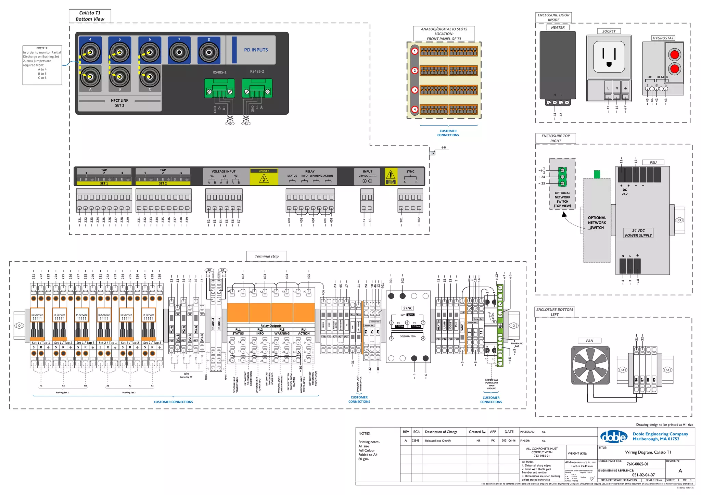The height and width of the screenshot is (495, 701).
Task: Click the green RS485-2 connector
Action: pyautogui.click(x=257, y=88)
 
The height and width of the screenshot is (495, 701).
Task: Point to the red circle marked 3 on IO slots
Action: pyautogui.click(x=415, y=90)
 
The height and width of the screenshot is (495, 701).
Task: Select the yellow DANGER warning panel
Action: pyautogui.click(x=264, y=177)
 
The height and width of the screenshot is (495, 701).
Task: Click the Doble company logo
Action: pyautogui.click(x=614, y=437)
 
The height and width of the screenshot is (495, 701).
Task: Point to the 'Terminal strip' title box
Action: pyautogui.click(x=267, y=256)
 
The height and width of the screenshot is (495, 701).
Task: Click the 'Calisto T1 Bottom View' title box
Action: pyautogui.click(x=90, y=16)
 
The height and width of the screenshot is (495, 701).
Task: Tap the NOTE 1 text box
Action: pyautogui.click(x=42, y=65)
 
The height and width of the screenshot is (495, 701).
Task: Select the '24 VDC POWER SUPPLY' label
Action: pyautogui.click(x=638, y=233)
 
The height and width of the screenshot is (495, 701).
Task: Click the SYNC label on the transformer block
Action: pyautogui.click(x=408, y=308)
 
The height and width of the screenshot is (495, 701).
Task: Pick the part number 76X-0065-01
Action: pyautogui.click(x=637, y=464)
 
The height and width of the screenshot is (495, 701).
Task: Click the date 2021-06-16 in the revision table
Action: pyautogui.click(x=509, y=441)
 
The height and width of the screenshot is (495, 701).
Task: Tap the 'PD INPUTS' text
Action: pyautogui.click(x=256, y=50)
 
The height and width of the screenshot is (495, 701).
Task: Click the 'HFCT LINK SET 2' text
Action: pyautogui.click(x=119, y=103)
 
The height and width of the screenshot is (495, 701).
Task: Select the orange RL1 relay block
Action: pyautogui.click(x=238, y=313)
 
